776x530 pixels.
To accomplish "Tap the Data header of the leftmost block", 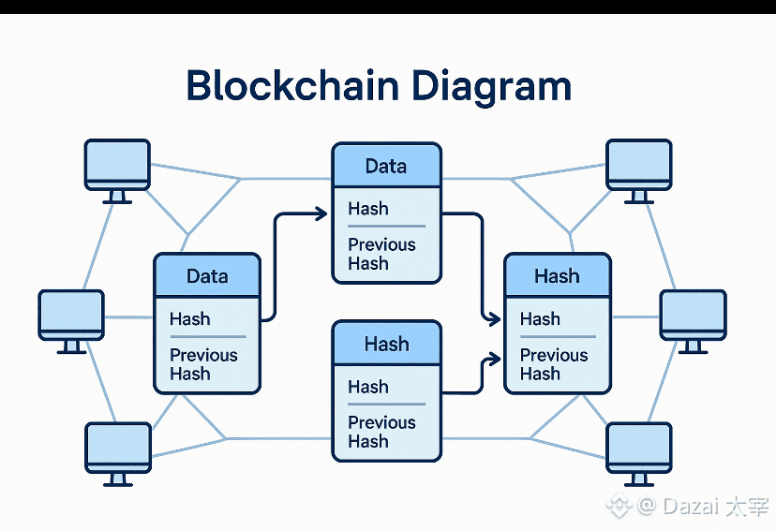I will click(207, 276).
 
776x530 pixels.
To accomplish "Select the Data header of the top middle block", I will click(386, 167).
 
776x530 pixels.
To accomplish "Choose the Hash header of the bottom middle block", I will click(386, 344).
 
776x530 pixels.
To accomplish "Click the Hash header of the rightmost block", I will click(557, 276).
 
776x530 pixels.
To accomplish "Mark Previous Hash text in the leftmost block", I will click(203, 364).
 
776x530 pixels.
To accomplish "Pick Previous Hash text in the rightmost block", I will click(554, 364).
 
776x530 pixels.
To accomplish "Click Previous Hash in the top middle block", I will click(381, 254).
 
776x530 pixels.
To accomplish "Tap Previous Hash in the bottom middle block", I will click(381, 432).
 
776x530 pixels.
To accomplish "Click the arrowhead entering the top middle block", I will click(321, 214).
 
